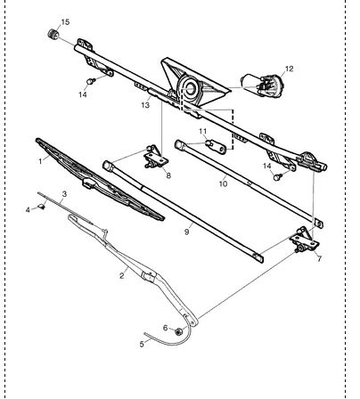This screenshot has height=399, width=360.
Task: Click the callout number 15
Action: click(65, 22)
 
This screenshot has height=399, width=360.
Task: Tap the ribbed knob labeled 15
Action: click(53, 34)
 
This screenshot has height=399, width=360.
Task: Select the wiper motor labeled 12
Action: click(262, 85)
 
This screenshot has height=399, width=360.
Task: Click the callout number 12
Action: click(289, 69)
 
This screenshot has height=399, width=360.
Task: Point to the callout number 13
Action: click(145, 105)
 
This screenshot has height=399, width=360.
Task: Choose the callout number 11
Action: click(203, 131)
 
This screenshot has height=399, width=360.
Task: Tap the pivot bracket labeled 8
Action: click(156, 157)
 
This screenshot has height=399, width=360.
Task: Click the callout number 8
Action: click(168, 175)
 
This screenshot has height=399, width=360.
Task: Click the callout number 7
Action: click(319, 259)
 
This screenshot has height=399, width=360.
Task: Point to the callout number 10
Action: click(223, 183)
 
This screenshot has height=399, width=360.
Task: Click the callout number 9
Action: click(186, 232)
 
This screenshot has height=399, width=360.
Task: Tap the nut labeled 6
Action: click(178, 331)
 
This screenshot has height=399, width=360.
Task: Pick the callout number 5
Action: click(142, 344)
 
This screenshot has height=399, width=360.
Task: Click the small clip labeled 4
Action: click(42, 207)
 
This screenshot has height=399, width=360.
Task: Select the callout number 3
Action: click(64, 194)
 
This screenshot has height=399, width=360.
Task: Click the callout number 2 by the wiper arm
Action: click(121, 275)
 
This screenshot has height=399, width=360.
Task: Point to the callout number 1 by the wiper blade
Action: click(40, 161)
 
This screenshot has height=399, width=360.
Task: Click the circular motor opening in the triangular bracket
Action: click(190, 89)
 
